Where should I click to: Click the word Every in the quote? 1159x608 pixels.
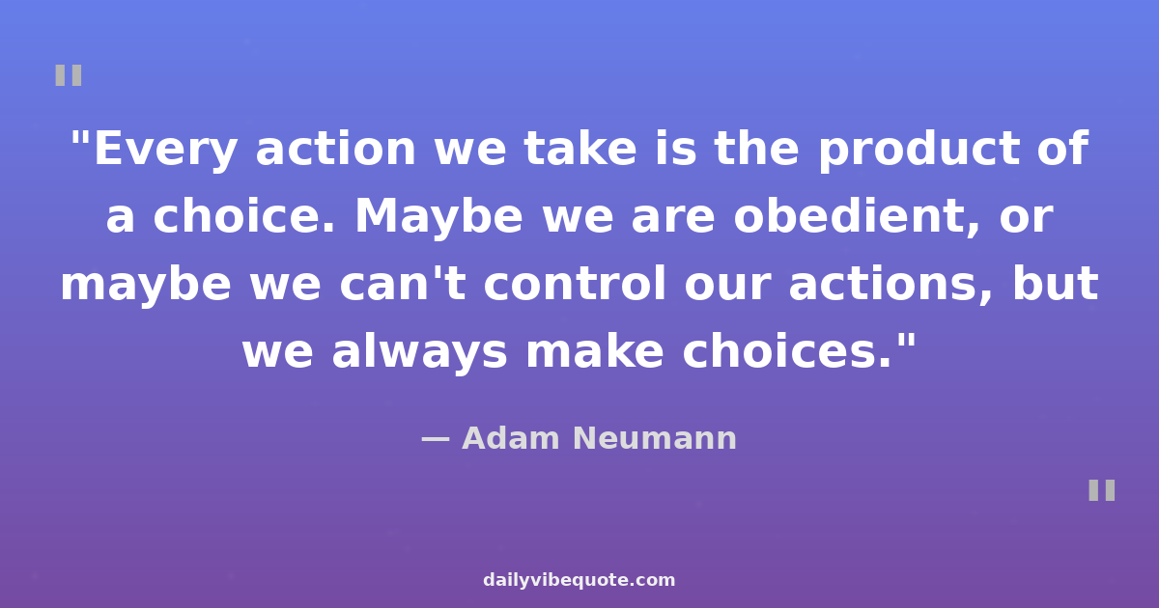point(165,150)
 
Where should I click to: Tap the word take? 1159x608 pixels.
point(580,149)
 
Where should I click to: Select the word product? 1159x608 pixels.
point(919,150)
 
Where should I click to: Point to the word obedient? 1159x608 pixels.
point(856,216)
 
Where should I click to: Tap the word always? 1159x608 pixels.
point(419,352)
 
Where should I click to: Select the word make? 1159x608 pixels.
point(595,351)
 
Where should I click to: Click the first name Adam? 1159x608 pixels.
point(511,438)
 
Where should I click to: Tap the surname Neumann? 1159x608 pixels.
point(655,438)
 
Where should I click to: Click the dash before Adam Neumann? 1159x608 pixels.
point(436,439)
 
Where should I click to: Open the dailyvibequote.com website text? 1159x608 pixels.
point(579,580)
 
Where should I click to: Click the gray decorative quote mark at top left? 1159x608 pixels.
point(69,75)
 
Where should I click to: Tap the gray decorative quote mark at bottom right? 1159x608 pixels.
point(1102,490)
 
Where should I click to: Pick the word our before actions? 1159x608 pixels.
point(727,286)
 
